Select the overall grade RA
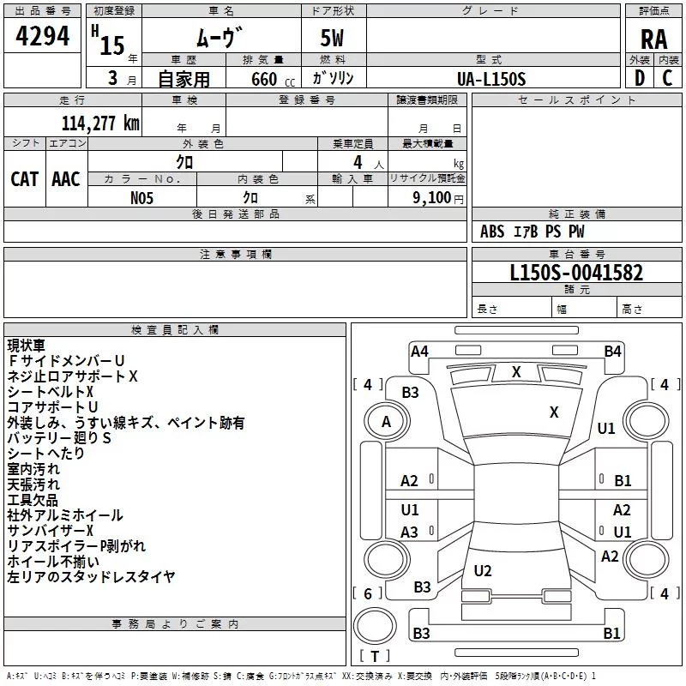(x=653, y=39)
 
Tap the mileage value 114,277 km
(x=100, y=123)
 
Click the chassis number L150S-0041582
(x=575, y=274)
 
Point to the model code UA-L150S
(x=492, y=78)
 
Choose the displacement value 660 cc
(x=263, y=79)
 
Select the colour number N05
(x=142, y=197)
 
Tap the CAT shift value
(x=25, y=178)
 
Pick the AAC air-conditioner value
(x=66, y=178)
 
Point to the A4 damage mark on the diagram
(x=419, y=351)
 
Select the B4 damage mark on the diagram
(x=612, y=351)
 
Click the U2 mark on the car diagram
(x=483, y=571)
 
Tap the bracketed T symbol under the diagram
(x=375, y=656)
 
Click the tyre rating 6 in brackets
(x=368, y=593)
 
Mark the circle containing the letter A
(x=386, y=421)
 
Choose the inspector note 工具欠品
(x=33, y=500)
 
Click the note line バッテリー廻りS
(x=59, y=438)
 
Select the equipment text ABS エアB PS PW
(x=533, y=232)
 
